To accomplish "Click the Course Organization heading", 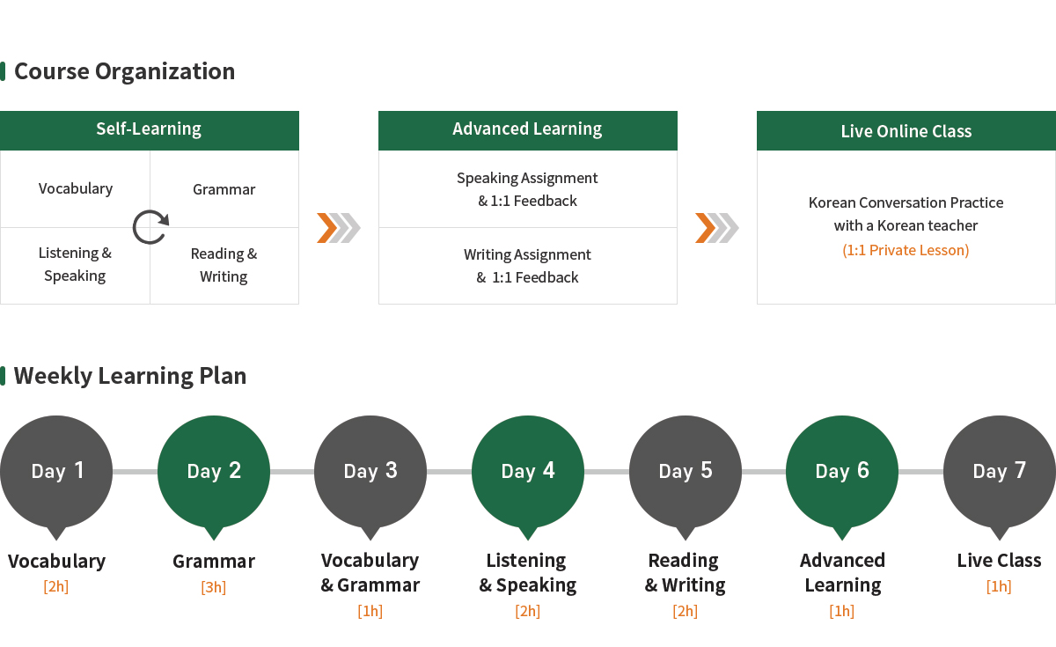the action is [124, 71].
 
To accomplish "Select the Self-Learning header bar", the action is [150, 130].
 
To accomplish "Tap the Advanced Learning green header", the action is [527, 130].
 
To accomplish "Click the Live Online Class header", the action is [906, 130].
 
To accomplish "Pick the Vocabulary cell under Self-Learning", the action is [75, 189].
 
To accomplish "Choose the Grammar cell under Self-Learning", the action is [224, 189].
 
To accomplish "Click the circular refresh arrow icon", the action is [150, 227].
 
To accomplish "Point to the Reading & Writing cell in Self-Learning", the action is [224, 266].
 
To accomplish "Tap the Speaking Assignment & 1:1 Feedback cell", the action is [527, 189].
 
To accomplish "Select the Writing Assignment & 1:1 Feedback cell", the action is [527, 266].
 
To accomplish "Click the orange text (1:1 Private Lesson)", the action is [906, 250].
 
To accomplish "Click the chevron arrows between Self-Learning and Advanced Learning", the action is [339, 228].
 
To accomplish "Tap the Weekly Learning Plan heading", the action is [130, 376].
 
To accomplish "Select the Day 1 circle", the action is [56, 472].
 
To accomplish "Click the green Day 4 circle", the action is [528, 472].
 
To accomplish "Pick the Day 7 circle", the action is [1000, 472].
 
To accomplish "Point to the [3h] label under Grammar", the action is [214, 587].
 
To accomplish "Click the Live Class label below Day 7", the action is [999, 560].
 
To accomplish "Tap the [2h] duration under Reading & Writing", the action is [685, 611].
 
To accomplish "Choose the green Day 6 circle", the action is [842, 472].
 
